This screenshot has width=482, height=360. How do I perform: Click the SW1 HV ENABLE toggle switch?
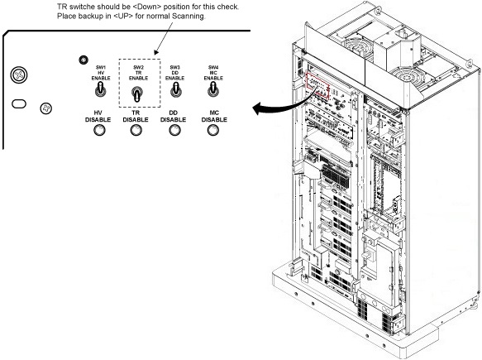click(101, 90)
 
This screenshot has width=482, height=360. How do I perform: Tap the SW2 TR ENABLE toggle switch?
click(137, 94)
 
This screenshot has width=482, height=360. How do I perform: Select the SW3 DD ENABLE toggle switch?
click(175, 90)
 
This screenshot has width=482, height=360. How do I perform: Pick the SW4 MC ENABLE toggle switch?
click(213, 90)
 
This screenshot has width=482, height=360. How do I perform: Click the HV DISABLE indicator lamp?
click(99, 131)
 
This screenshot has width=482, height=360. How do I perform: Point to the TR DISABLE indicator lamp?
click(136, 131)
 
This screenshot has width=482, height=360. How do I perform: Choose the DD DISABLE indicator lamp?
click(175, 131)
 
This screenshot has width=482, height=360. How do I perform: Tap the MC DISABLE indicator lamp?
click(213, 131)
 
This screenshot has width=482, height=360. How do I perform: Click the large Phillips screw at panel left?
click(19, 75)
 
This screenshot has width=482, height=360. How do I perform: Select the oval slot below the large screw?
click(19, 104)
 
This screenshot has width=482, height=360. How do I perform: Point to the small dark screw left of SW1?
click(84, 60)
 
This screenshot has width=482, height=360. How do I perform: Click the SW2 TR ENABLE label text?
click(138, 73)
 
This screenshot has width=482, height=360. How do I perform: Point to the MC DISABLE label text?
click(214, 117)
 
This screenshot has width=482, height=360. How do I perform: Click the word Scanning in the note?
click(189, 16)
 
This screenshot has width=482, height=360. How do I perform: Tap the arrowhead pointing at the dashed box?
click(156, 51)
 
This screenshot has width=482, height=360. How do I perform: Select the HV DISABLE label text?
click(98, 117)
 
